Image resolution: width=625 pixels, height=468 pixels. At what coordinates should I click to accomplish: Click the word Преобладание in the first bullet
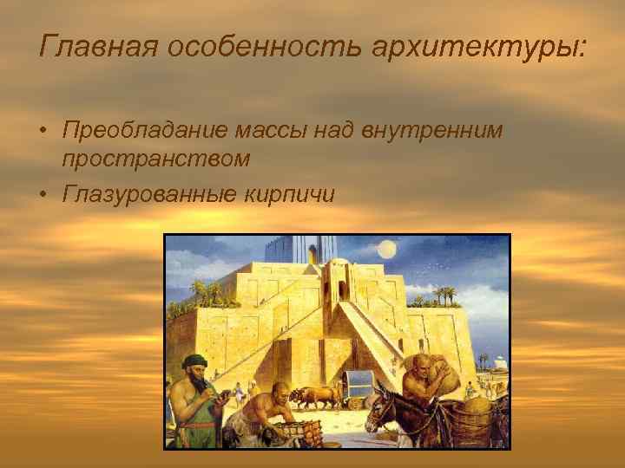[138, 131]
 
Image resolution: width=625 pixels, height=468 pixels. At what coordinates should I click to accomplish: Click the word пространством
[156, 159]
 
